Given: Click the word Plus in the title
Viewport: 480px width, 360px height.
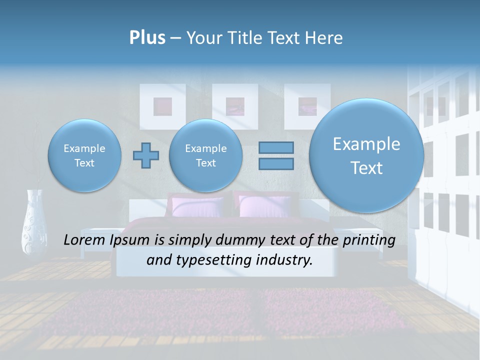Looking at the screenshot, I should (x=147, y=38).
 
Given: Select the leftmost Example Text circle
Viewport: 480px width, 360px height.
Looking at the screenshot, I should (x=84, y=155).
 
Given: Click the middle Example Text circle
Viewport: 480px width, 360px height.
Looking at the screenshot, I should (x=205, y=155).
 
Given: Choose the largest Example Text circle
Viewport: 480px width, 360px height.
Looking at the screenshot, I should (x=366, y=155).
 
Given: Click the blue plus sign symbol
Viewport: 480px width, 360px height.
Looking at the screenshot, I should (x=146, y=155).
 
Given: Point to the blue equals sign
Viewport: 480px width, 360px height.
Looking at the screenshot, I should (x=276, y=155).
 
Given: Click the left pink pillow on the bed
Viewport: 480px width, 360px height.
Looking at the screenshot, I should (x=197, y=206).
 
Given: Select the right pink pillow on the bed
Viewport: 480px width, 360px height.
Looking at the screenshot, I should (x=264, y=206).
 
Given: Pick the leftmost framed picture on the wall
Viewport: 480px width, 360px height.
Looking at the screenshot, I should (x=162, y=105).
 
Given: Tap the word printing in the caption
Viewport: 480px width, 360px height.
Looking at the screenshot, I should (x=369, y=240).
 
